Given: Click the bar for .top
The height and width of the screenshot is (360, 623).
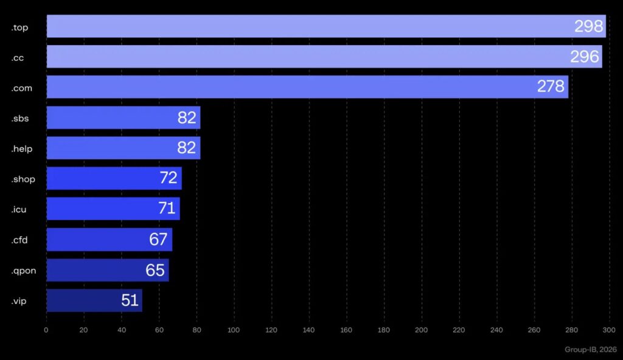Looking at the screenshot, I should (304, 26).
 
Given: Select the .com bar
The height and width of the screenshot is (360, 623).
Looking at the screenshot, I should (292, 87).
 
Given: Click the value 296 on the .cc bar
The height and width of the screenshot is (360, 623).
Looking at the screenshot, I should (585, 57).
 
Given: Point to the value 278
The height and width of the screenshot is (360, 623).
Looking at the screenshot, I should (551, 87).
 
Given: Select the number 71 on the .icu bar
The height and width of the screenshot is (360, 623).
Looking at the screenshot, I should (167, 209).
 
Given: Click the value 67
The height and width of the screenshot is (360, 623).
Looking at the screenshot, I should (158, 240).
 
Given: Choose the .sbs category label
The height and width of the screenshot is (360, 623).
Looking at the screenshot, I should (20, 118).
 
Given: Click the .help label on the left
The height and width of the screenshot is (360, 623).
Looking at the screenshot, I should (22, 148).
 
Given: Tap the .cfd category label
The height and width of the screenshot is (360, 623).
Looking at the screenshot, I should (19, 240).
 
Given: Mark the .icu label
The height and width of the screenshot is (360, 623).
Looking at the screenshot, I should (18, 209).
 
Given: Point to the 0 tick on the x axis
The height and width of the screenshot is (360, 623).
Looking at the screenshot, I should (46, 330).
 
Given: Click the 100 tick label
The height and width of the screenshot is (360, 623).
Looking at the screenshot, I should (234, 330).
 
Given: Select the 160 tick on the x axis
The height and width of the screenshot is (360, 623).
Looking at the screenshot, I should (347, 330).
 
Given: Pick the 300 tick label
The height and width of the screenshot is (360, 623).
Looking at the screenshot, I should (609, 330).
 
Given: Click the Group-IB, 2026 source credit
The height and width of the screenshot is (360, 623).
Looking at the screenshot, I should (590, 350).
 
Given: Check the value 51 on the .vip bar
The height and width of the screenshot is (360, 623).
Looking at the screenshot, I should (130, 300).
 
